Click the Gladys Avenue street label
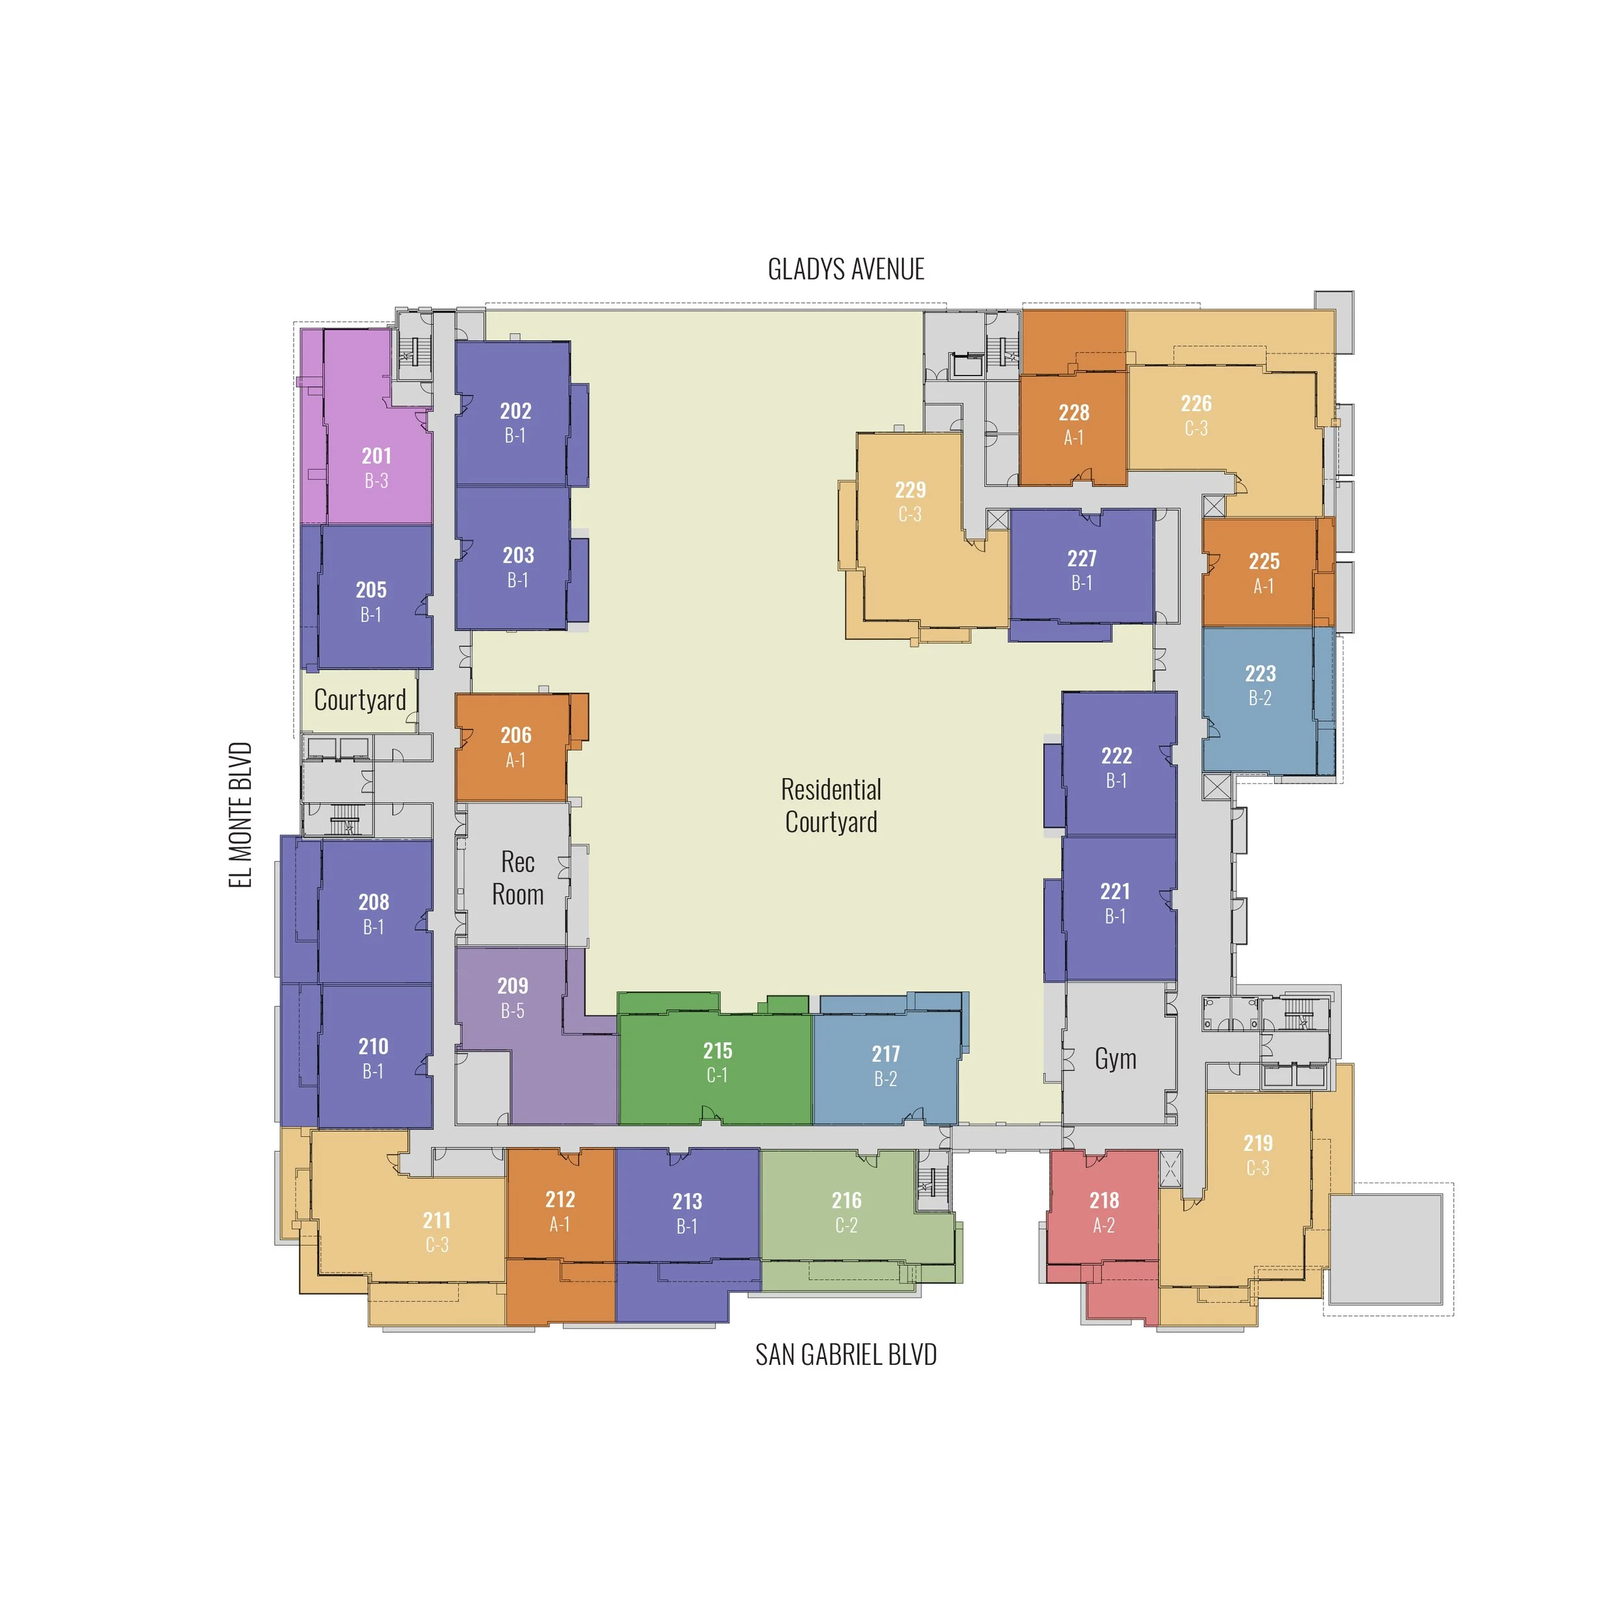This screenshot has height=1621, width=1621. point(846,269)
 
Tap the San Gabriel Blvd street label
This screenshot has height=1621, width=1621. point(846,1355)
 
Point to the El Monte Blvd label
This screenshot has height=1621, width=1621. point(241,814)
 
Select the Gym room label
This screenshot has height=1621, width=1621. point(1115,1059)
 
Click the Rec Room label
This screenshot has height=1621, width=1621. point(517,878)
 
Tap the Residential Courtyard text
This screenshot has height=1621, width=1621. point(831,805)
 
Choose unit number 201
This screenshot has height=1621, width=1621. point(377,456)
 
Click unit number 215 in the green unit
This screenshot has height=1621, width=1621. point(717,1050)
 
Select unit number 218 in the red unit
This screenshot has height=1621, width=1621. point(1104,1201)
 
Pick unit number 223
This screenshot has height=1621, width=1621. point(1260,673)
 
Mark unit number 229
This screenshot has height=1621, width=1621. point(910,490)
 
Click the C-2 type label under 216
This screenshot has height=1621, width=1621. point(847,1226)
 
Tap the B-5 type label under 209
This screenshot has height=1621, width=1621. point(513,1011)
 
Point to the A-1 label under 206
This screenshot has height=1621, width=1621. point(515,760)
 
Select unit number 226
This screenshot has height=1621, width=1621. point(1196,403)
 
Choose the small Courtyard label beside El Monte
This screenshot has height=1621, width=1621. point(360,700)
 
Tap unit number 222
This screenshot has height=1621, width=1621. point(1117,756)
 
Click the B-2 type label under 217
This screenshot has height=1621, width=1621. point(886,1079)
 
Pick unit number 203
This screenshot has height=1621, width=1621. point(519,556)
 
